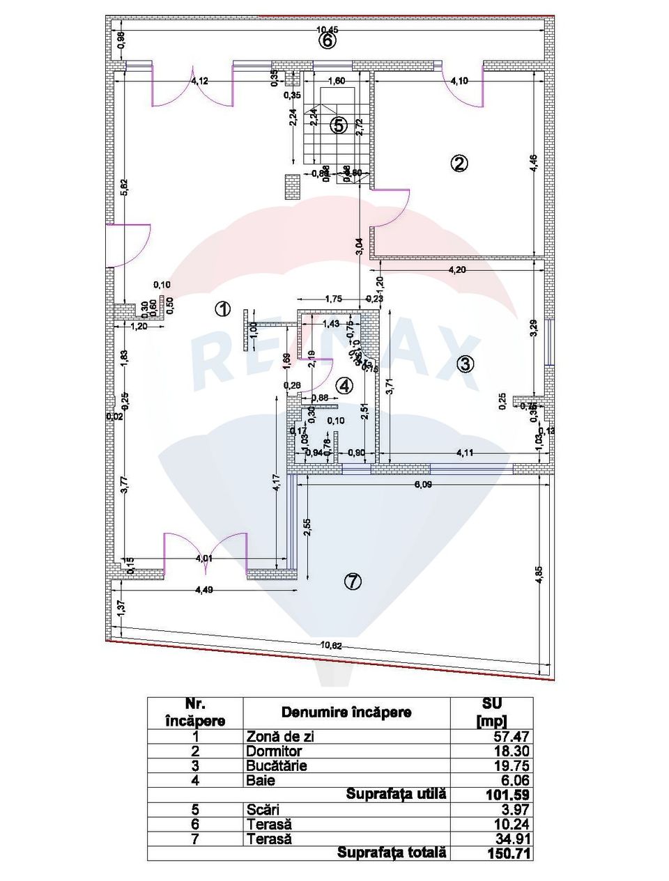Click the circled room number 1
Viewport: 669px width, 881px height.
coord(222,309)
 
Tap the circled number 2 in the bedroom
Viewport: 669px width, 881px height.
coord(459,164)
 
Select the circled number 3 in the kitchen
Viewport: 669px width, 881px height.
coord(466,363)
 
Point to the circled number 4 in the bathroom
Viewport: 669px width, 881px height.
coord(344,385)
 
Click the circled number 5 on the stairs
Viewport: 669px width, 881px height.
coord(338,125)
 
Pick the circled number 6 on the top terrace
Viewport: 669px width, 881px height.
coord(328,40)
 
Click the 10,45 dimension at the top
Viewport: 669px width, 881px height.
coord(328,30)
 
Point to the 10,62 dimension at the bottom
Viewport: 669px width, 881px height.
coord(331,645)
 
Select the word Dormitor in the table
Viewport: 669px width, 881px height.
coord(274,751)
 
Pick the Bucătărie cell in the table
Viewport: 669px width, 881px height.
coord(277,765)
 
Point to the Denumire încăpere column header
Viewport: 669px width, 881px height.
coord(346,712)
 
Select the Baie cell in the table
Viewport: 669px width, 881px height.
coord(261,780)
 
